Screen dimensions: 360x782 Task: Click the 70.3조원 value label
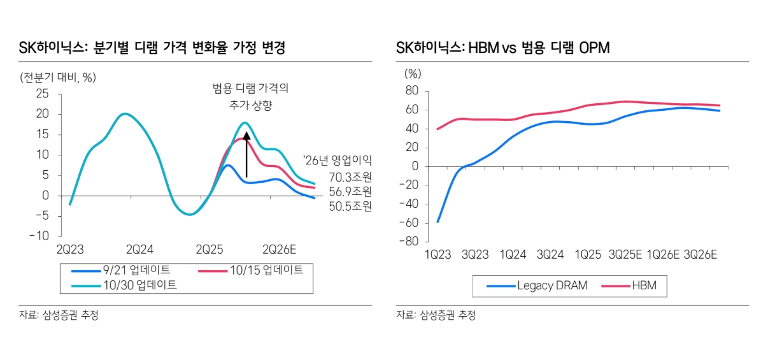(x=350, y=176)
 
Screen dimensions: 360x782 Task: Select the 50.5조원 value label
(x=350, y=206)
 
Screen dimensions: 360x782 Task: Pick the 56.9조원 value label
(x=350, y=191)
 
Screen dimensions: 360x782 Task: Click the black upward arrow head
(x=246, y=134)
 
